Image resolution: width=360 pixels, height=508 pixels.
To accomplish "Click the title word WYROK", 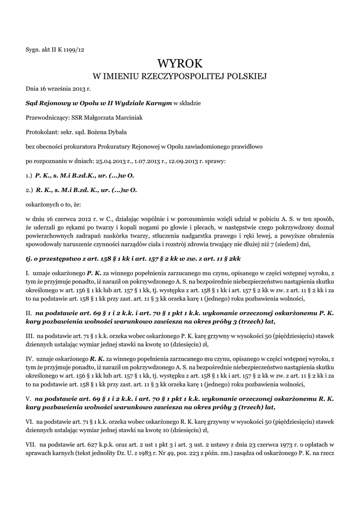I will coord(180,64).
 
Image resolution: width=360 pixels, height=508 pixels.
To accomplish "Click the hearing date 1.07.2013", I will coord(145,161).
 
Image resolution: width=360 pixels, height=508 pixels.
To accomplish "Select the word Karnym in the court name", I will coord(159,103).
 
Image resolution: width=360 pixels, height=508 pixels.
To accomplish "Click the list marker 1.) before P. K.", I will coord(29,176).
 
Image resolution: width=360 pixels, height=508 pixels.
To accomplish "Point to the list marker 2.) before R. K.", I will coord(29,190).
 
